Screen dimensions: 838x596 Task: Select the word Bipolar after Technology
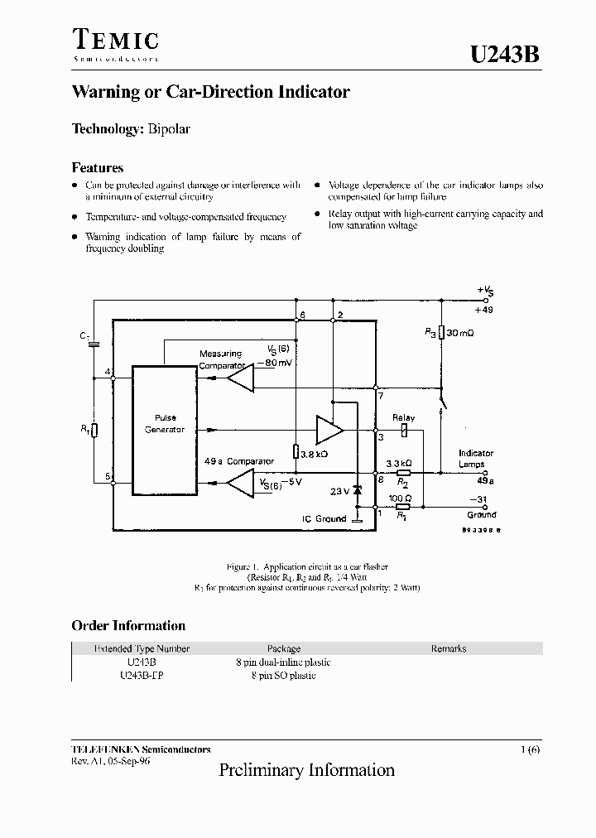tap(170, 129)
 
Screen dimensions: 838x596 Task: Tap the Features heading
tap(97, 167)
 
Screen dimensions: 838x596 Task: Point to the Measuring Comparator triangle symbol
tap(241, 378)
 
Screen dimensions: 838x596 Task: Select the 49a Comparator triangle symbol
tap(241, 483)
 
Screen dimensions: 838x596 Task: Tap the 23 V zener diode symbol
tap(358, 491)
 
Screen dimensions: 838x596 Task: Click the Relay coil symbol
tap(404, 431)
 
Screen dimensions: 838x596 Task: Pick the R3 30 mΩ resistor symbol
tap(442, 332)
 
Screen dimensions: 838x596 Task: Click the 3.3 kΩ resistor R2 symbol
tap(403, 472)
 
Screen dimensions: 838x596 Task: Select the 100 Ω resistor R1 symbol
tap(402, 506)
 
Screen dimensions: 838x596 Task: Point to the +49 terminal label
tap(485, 309)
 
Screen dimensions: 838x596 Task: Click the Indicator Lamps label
tap(475, 459)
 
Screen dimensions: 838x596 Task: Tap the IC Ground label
tap(324, 519)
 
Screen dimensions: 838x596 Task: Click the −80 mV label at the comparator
tap(278, 363)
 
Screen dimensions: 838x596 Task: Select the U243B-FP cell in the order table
tap(142, 676)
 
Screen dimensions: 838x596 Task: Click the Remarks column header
tap(448, 649)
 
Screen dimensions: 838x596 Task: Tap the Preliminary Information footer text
tap(306, 770)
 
